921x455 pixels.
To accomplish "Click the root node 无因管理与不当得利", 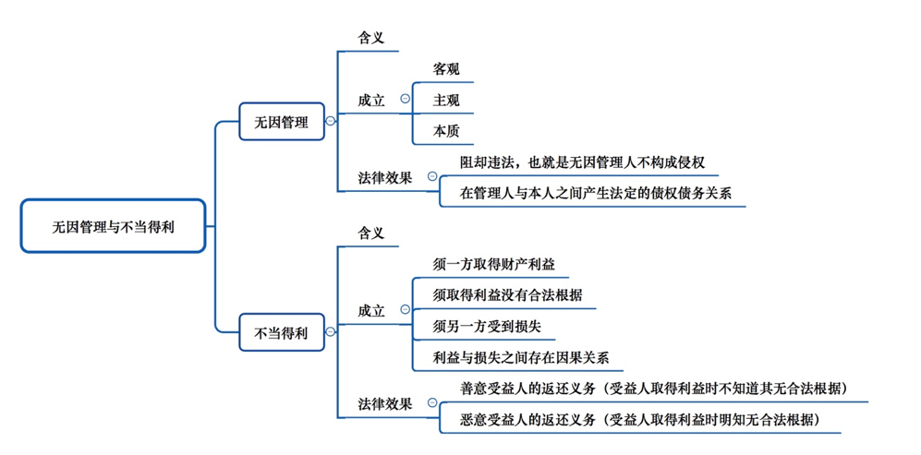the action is [114, 226].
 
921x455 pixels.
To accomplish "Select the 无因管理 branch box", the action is [282, 122].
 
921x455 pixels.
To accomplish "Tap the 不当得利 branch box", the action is [282, 332].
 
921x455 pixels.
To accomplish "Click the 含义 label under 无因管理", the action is [370, 38].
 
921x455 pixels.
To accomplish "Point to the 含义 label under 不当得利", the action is [370, 233].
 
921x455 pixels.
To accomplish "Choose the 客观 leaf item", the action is [446, 69].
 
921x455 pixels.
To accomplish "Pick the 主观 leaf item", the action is [446, 101].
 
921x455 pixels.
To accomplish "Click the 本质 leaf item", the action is [446, 132].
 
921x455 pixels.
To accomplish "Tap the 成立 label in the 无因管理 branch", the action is [371, 101].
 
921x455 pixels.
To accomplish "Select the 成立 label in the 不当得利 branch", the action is [371, 311].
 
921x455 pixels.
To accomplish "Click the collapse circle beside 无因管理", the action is [330, 122].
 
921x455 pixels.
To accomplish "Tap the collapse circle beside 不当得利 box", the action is [330, 332].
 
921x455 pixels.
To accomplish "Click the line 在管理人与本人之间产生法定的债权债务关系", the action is [596, 195].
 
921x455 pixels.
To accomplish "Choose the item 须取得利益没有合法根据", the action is [507, 295].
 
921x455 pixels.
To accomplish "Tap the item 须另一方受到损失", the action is [486, 327].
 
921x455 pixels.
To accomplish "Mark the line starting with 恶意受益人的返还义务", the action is [640, 420].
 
